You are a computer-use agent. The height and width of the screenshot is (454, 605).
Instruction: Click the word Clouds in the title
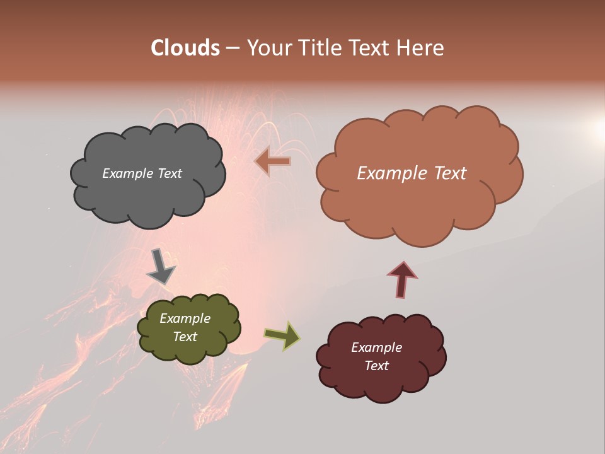pos(185,48)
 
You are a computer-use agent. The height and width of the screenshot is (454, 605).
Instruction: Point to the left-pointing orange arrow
pos(273,161)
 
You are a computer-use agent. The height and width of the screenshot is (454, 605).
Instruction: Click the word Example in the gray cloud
pos(126,173)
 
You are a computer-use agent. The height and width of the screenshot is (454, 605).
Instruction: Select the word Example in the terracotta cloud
pos(391,173)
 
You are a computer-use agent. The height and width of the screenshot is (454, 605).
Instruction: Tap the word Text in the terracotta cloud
pos(449,173)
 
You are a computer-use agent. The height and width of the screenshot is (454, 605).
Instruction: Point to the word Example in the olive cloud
pos(185,318)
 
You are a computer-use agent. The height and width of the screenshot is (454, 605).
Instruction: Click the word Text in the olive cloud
pos(185,337)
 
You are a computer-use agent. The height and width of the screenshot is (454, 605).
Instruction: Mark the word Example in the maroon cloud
pos(376,347)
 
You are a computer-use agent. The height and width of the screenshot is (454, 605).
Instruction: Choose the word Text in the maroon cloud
pos(376,366)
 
